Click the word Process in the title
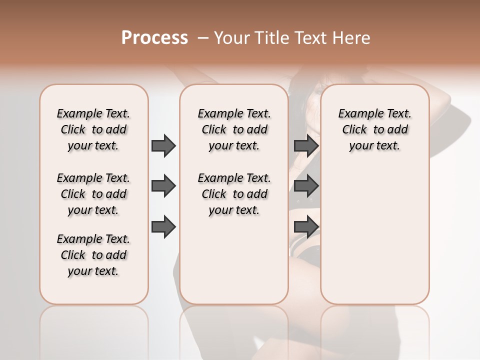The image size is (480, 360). pyautogui.click(x=154, y=37)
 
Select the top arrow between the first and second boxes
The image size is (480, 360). pyautogui.click(x=163, y=145)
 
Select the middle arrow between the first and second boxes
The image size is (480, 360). pyautogui.click(x=163, y=186)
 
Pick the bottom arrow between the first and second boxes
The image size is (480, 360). pyautogui.click(x=163, y=226)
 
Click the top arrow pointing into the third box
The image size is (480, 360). pyautogui.click(x=306, y=145)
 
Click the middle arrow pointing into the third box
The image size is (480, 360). pyautogui.click(x=306, y=186)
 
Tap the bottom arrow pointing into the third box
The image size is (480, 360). pyautogui.click(x=306, y=226)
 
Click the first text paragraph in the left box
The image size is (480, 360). pyautogui.click(x=93, y=129)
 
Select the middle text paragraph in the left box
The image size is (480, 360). pyautogui.click(x=93, y=194)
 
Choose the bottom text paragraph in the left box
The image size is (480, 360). pyautogui.click(x=93, y=255)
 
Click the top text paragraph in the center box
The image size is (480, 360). pyautogui.click(x=234, y=129)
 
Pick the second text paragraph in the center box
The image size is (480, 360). pyautogui.click(x=234, y=194)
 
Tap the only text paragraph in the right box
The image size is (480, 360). pyautogui.click(x=374, y=129)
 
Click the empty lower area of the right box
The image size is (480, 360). pyautogui.click(x=374, y=235)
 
